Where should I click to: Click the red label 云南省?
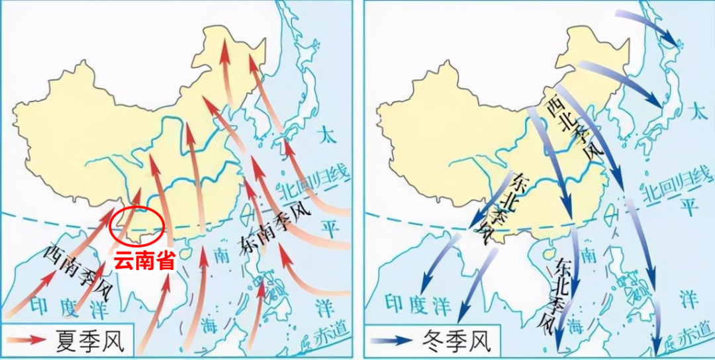[144, 260]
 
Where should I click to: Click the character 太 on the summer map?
[325, 138]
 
